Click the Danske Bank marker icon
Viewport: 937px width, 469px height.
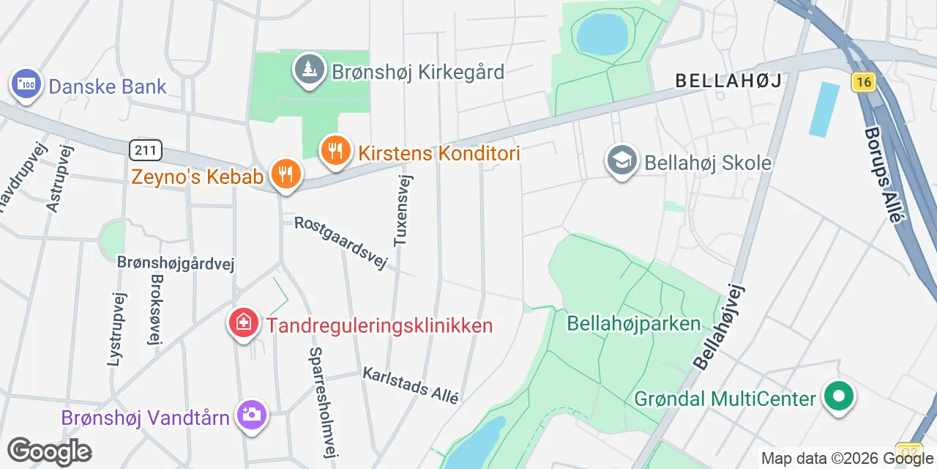point(26,84)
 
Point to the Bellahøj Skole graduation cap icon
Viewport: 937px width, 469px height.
point(622,160)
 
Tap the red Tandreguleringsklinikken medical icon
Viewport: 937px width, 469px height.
point(244,323)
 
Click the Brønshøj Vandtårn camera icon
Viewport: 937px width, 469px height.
point(251,415)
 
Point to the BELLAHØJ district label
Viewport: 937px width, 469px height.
point(728,80)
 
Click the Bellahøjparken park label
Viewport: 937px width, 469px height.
point(634,323)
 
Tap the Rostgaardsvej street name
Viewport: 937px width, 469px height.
point(340,243)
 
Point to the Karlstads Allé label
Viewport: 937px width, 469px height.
point(411,385)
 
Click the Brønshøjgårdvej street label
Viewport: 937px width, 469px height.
point(176,263)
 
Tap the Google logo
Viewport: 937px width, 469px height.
point(49,451)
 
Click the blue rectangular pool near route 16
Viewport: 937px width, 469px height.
point(825,109)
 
